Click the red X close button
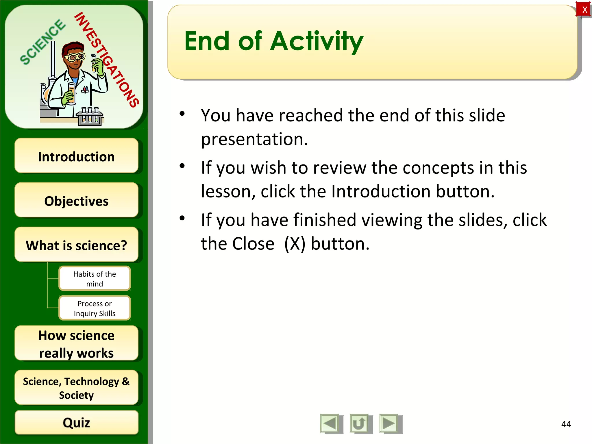tap(584, 10)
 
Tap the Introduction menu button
tap(76, 156)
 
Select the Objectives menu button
tap(76, 201)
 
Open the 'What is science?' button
tap(76, 245)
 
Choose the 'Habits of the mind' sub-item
tap(95, 278)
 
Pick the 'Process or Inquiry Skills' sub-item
tap(95, 308)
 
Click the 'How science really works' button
tap(76, 344)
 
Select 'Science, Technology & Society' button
tap(76, 388)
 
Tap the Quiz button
tap(76, 422)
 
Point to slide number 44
tap(566, 424)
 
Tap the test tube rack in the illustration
tap(90, 117)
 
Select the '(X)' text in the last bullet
tap(295, 244)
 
